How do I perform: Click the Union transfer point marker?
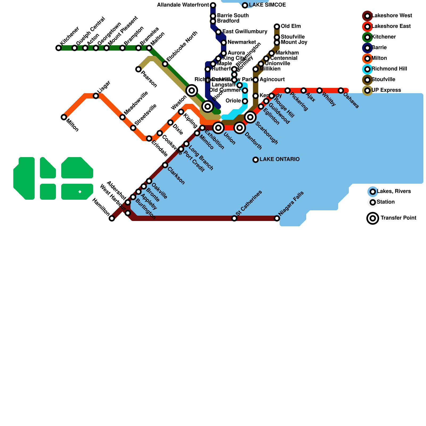(218, 128)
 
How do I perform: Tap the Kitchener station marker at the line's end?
(59, 48)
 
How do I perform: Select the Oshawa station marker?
(341, 91)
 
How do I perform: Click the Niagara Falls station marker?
(277, 218)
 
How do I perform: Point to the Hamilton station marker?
(112, 218)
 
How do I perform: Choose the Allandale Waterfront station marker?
(213, 5)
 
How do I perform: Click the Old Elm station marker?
(277, 27)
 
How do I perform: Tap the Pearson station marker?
(138, 69)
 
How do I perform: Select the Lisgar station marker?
(96, 96)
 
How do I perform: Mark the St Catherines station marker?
(234, 218)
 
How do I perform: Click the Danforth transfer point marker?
(240, 128)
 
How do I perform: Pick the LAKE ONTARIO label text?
(280, 159)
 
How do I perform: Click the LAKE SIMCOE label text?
(267, 5)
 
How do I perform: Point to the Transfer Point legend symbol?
(373, 218)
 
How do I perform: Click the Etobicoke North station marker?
(165, 64)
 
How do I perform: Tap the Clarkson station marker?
(165, 165)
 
